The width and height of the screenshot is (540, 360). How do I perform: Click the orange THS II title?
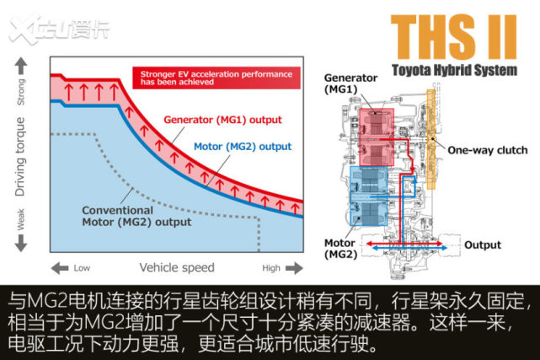453,37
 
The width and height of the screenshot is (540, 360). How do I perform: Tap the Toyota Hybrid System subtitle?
455,70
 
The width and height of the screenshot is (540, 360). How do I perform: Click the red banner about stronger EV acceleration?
217,78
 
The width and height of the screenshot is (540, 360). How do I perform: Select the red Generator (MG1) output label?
222,120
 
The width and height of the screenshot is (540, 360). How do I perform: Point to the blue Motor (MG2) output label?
243,147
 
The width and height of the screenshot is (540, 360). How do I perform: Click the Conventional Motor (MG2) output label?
136,216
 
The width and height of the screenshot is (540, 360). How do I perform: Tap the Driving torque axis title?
20,157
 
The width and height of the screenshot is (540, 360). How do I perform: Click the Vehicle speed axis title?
177,267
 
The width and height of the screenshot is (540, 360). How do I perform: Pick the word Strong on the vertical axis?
21,93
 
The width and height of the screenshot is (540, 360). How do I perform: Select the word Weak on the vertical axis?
21,219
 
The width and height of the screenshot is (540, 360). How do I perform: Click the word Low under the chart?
82,268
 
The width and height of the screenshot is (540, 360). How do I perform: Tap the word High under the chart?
271,268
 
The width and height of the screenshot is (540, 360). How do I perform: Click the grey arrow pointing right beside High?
294,267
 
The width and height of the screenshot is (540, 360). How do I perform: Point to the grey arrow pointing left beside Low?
60,268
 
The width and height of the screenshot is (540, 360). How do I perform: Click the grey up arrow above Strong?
21,66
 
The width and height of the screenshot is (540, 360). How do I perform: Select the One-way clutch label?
487,150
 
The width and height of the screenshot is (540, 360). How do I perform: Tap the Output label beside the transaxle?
483,245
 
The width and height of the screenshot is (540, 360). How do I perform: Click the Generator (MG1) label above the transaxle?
350,83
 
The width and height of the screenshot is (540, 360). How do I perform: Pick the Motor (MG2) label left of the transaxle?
340,249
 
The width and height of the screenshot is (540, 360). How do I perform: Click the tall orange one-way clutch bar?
431,139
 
